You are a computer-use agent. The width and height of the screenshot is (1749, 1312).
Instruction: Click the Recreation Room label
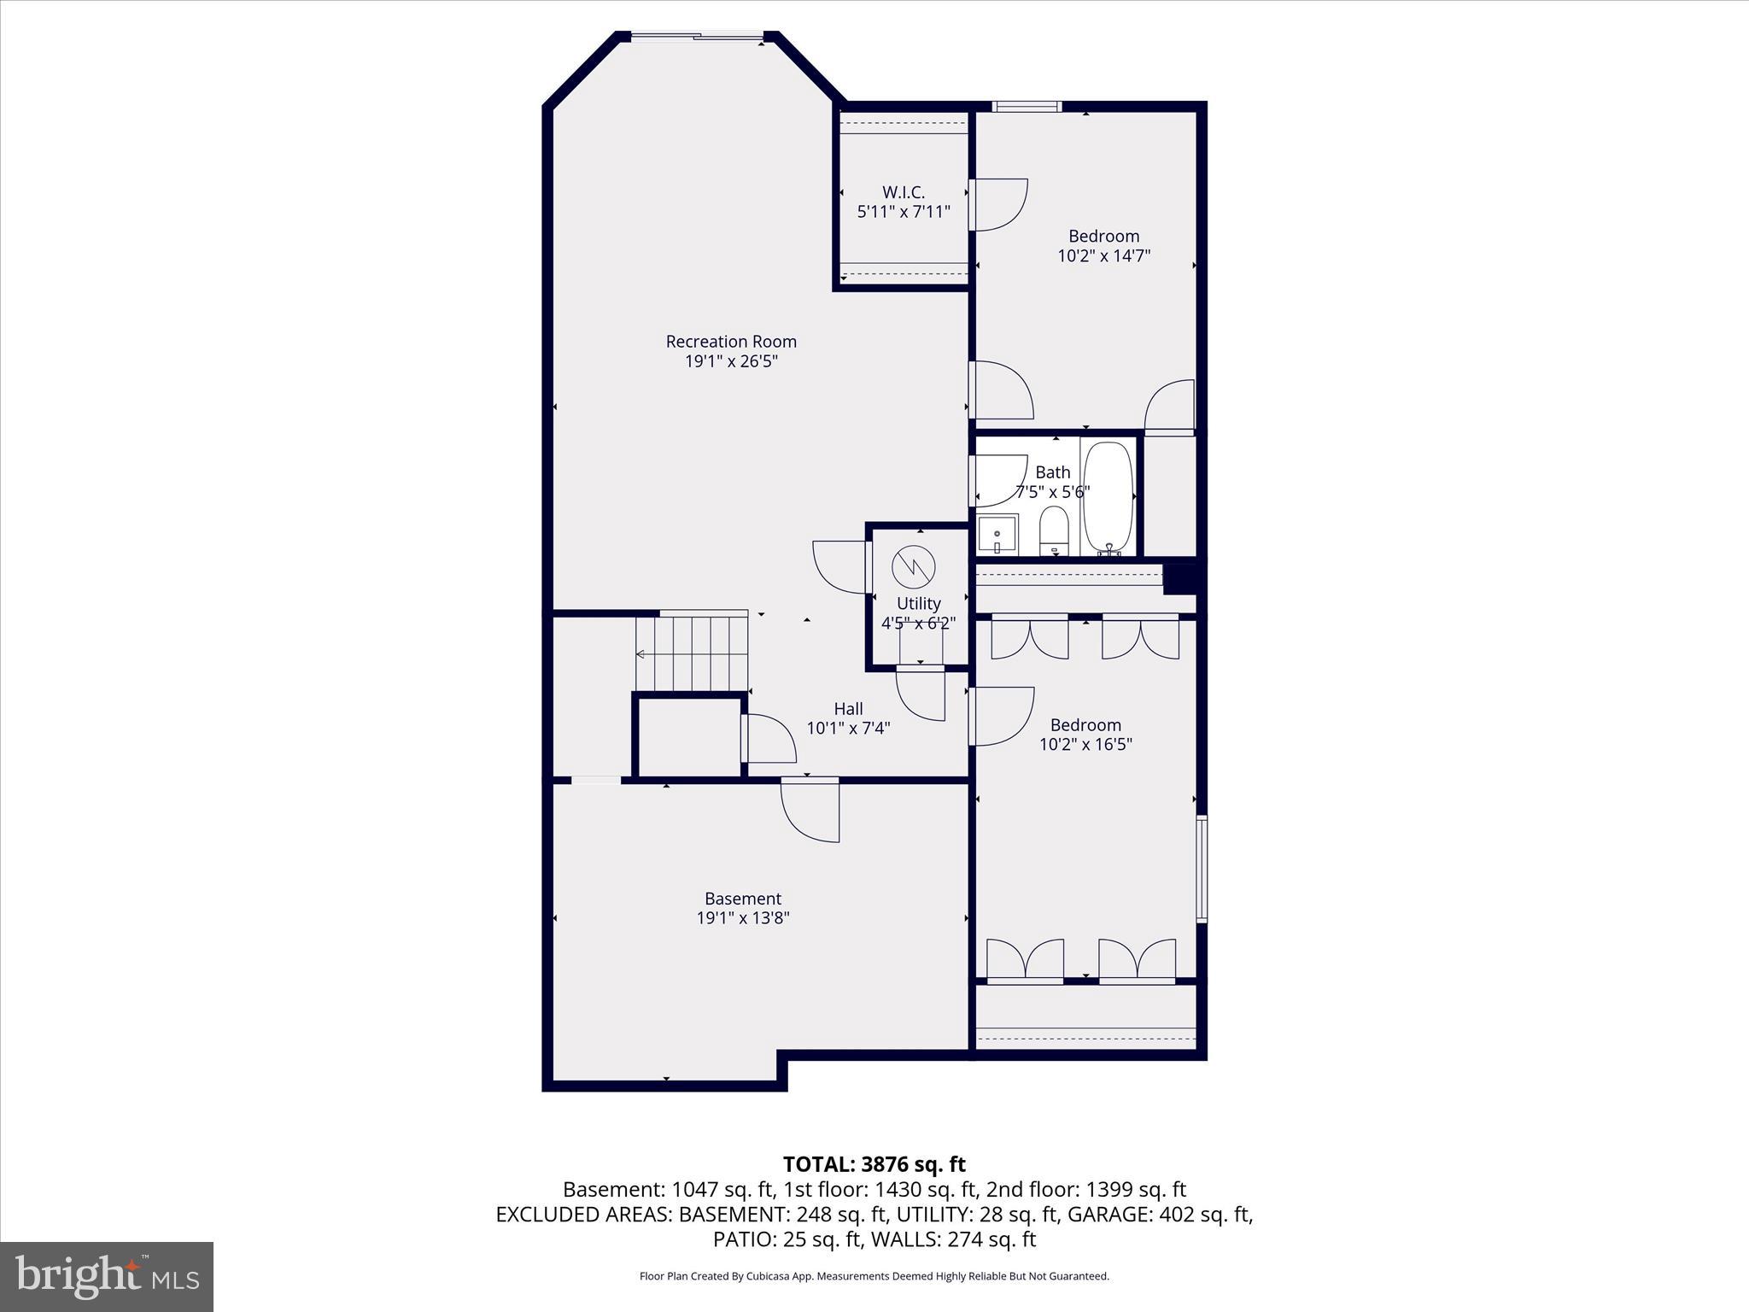tap(731, 342)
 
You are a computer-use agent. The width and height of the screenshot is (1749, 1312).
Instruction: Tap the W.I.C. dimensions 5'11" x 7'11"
tap(904, 212)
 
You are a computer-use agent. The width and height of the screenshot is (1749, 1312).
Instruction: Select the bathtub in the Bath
tap(1108, 497)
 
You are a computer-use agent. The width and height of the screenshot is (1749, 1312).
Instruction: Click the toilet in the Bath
tap(1054, 530)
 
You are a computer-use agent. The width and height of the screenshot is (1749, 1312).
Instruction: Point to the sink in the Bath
tap(997, 536)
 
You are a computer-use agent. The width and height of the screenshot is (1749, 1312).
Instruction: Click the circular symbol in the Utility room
tap(914, 566)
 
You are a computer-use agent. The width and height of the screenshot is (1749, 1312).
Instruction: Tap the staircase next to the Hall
tap(692, 654)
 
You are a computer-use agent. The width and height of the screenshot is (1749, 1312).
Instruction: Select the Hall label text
tap(848, 709)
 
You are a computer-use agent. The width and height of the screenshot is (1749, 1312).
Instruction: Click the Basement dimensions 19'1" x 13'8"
tap(743, 918)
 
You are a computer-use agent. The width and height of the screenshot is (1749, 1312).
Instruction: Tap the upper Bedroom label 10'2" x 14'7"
tap(1104, 255)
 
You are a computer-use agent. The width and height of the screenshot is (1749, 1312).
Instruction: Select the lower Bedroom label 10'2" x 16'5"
tap(1085, 744)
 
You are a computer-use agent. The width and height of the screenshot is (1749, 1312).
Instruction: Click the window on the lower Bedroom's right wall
tap(1201, 869)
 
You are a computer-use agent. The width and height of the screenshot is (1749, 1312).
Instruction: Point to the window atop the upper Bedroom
tap(1027, 107)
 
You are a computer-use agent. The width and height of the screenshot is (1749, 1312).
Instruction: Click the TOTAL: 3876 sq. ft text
tap(874, 1164)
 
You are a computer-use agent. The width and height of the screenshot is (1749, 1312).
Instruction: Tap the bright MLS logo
tap(107, 1276)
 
